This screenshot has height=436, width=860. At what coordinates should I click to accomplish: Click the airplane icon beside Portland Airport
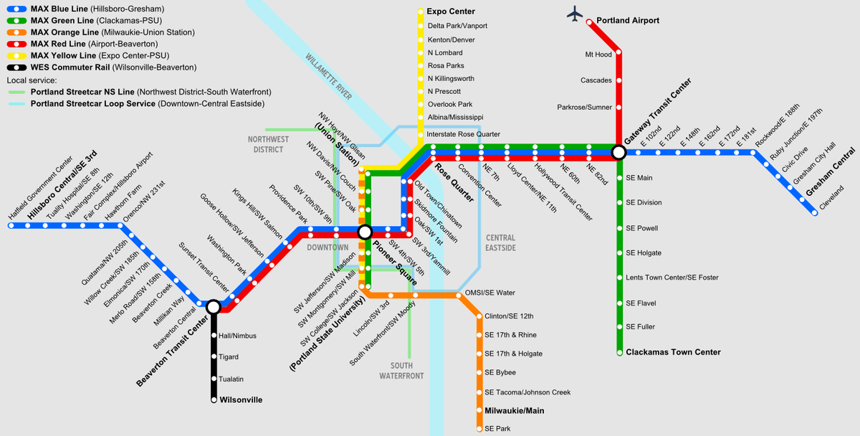point(574,14)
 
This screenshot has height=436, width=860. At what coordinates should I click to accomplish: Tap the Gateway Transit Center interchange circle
point(618,152)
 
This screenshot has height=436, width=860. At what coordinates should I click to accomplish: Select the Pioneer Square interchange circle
point(365,232)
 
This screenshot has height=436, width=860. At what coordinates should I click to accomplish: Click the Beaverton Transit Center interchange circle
point(213,307)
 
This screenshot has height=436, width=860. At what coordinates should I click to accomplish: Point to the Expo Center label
point(451,12)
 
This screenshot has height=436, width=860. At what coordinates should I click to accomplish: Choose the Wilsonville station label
point(241,399)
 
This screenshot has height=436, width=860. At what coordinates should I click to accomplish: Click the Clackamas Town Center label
point(673,352)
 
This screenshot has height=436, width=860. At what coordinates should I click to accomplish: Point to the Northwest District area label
point(269,144)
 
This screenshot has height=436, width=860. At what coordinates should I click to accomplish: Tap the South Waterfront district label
point(401,371)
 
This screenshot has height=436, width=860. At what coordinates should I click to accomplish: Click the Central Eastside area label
point(500,242)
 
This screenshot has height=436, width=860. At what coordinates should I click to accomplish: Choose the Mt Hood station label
point(598,54)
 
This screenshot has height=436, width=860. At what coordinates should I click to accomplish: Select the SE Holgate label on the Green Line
point(644,253)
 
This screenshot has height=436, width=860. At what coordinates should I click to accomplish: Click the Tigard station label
point(229,356)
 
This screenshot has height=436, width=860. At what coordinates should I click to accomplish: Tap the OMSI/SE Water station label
point(490,293)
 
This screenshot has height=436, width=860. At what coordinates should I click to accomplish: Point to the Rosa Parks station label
point(446,65)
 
